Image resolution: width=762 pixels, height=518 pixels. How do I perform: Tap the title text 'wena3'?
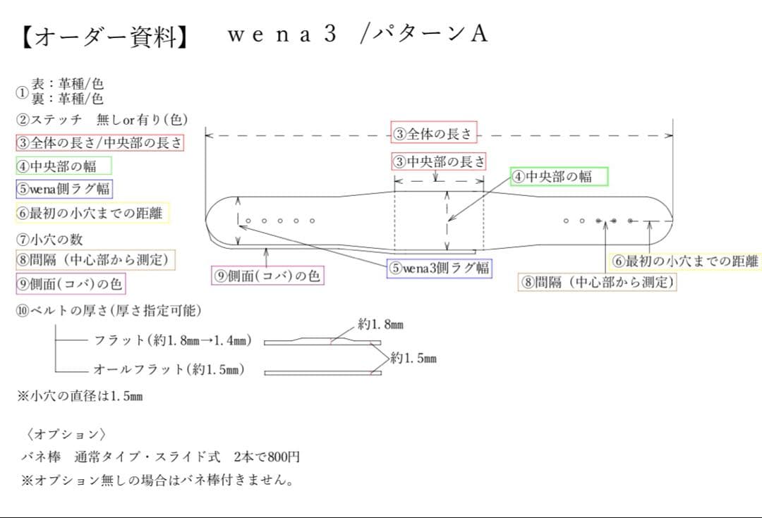point(282,35)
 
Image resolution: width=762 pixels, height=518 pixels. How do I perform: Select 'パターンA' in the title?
point(430,35)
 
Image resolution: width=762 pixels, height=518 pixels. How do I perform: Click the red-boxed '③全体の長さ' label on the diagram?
point(435,133)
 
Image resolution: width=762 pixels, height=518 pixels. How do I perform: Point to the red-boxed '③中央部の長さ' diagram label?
point(439,161)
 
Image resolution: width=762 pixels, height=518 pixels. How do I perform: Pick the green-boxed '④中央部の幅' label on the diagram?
point(559,176)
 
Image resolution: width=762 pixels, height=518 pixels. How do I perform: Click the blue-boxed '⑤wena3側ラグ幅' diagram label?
point(439,269)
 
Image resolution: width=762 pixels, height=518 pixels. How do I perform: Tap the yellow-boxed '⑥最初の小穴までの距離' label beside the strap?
point(684,261)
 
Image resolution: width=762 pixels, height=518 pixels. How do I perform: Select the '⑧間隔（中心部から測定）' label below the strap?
point(598,283)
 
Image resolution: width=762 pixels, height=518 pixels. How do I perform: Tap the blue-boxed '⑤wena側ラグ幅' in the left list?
point(64,189)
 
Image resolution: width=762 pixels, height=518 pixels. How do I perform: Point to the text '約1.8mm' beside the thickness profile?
point(380,325)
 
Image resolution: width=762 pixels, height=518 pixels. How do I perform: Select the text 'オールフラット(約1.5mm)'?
point(169,369)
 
